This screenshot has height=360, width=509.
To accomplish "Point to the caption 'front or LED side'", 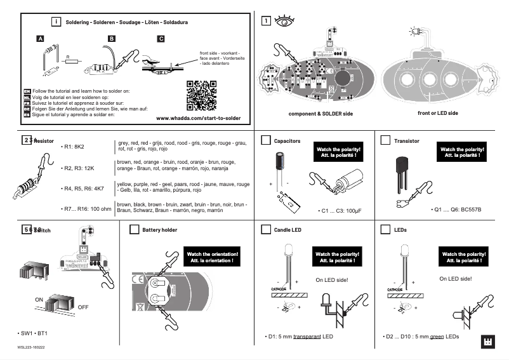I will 437,113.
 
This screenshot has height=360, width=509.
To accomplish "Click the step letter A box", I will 40,39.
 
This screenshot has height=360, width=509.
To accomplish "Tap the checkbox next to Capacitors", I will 266,140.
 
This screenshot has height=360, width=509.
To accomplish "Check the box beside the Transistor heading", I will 385,140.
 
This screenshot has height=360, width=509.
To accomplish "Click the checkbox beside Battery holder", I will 134,229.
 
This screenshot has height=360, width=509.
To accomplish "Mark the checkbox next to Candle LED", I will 266,229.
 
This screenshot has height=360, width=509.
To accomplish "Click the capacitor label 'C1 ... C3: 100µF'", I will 341,210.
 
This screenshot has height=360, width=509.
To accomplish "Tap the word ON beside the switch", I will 39,298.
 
